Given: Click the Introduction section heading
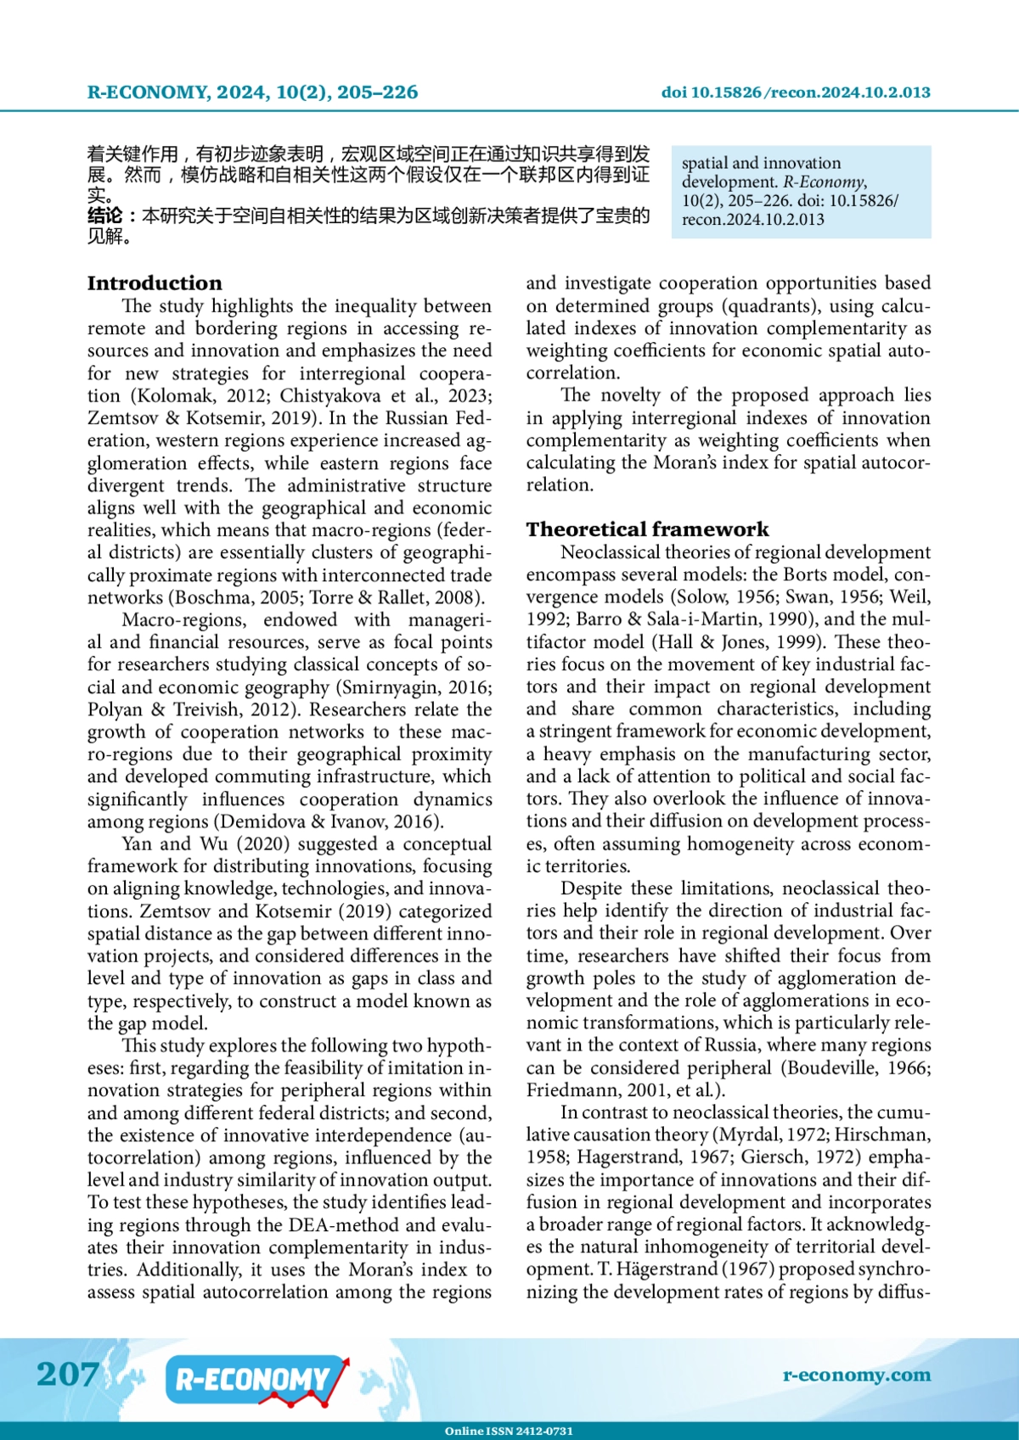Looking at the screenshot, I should pyautogui.click(x=155, y=283).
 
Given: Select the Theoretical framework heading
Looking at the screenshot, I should pyautogui.click(x=647, y=529).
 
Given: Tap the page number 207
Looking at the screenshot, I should pyautogui.click(x=67, y=1374).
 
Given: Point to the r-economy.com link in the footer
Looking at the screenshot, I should pyautogui.click(x=856, y=1375).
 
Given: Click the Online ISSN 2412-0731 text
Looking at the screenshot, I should pyautogui.click(x=509, y=1431).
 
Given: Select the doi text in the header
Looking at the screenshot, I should pyautogui.click(x=796, y=92).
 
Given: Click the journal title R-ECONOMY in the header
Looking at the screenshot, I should pyautogui.click(x=147, y=92).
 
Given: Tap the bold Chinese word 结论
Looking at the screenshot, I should pyautogui.click(x=104, y=216).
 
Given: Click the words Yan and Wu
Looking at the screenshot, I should pyautogui.click(x=175, y=844).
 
